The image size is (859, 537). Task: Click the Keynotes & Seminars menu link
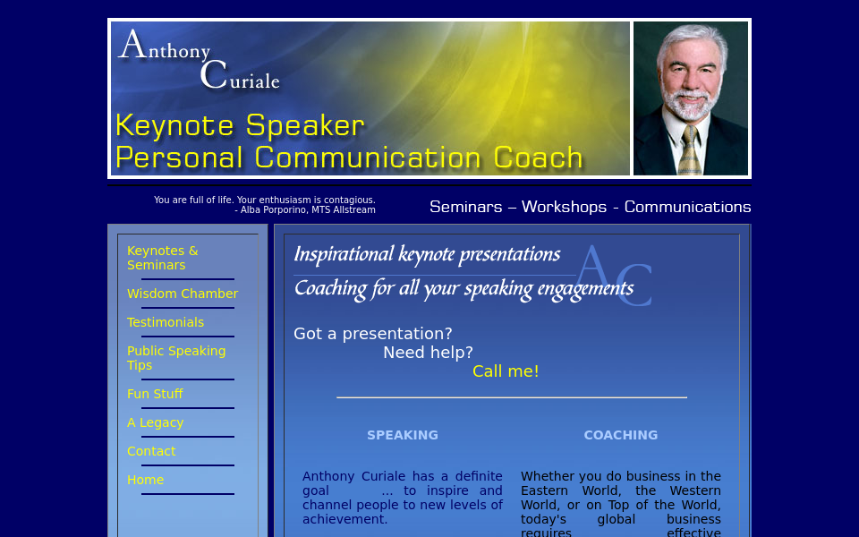162,258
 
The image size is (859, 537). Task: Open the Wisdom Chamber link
183,294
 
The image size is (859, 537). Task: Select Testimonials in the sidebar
166,322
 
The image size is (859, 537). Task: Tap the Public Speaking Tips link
176,358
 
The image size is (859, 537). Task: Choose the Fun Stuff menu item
155,394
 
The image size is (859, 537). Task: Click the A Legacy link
155,422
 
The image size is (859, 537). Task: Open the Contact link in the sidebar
151,451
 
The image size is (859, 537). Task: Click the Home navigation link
145,480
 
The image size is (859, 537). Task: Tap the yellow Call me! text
506,371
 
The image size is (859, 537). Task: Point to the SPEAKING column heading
403,435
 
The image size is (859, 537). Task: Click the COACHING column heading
621,435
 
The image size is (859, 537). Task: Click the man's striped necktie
689,150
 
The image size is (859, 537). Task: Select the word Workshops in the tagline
564,207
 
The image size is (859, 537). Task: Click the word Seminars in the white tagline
465,207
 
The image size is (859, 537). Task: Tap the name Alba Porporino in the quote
274,209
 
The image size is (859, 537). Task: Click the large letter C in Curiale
213,74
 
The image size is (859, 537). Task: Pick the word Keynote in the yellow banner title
174,125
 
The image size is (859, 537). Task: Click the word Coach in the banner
538,158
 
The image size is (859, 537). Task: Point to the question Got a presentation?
373,334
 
